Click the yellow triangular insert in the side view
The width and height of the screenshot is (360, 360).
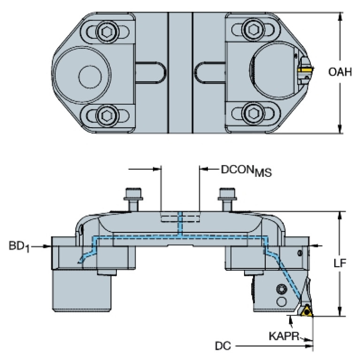tap(307, 310)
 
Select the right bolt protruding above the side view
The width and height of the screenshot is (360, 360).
tap(227, 198)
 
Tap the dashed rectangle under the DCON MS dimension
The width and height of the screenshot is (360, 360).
tap(180, 217)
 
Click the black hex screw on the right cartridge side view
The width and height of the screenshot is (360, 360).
tap(282, 289)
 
